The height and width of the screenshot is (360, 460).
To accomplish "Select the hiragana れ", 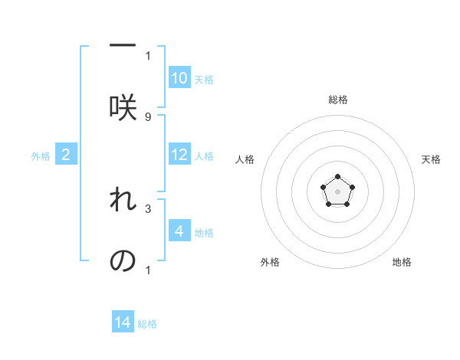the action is pos(123,199).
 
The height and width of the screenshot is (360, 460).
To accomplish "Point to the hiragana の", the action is pos(123,260).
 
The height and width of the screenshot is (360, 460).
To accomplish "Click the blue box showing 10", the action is pos(179,78).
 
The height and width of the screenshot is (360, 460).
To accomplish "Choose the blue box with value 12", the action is pos(179,155).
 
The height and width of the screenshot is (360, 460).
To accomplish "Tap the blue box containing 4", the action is pos(179,231).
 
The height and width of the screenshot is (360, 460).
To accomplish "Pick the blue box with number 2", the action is pos(66,155).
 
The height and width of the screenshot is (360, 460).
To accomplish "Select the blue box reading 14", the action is pos(123,322).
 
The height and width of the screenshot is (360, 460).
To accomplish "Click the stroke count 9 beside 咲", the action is pos(148,117).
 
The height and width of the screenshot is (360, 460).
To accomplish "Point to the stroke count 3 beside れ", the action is pos(148,208).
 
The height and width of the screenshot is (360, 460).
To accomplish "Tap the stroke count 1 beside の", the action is pos(148,270).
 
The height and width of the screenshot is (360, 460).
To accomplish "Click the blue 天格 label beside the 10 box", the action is pos(204,79).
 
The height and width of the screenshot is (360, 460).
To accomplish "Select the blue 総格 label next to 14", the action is pos(147,323).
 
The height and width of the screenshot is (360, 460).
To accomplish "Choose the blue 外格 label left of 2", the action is pos(41,156).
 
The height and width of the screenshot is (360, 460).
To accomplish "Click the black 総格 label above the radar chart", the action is pos(337,100).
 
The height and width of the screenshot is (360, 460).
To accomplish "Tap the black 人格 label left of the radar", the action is pos(245,159).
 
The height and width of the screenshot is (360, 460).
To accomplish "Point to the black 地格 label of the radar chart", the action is pos(402,262).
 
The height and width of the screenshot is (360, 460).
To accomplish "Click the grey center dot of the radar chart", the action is pos(337,191).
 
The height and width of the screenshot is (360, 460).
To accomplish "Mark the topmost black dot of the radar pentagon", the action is pos(337,177).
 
